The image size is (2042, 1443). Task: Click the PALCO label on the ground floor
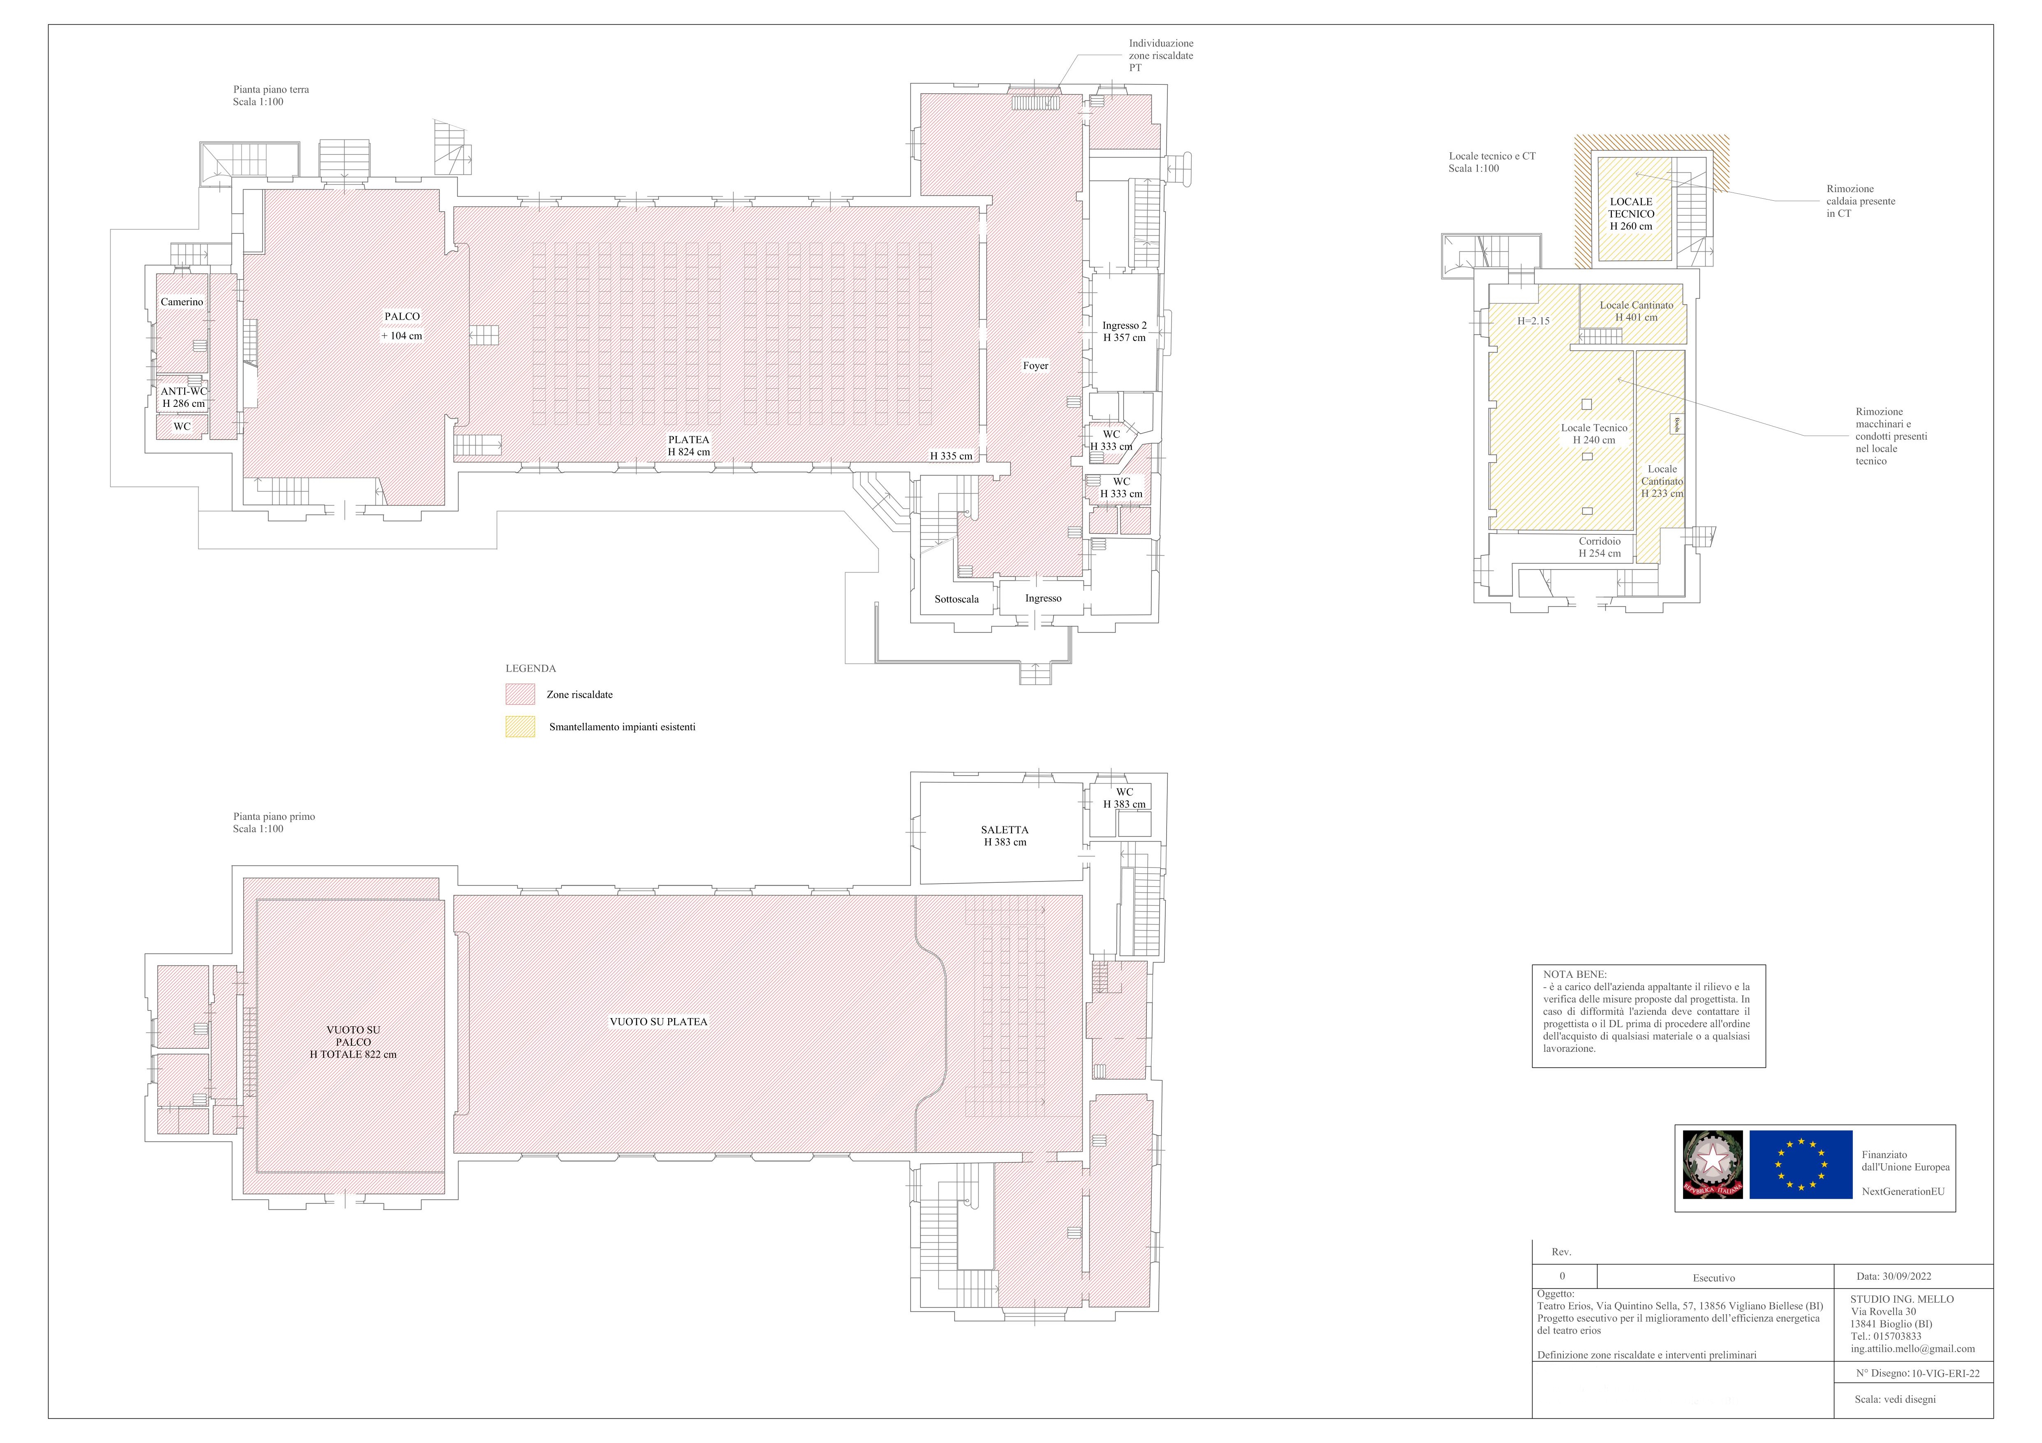click(x=402, y=317)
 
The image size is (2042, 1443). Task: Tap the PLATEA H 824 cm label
click(x=689, y=446)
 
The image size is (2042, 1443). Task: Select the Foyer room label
click(x=1035, y=366)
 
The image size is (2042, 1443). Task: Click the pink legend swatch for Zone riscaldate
click(x=520, y=694)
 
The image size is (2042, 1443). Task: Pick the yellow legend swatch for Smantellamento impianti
click(x=520, y=727)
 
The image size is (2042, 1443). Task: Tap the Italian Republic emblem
click(x=1712, y=1165)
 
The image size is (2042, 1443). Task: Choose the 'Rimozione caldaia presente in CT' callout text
click(x=1861, y=201)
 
